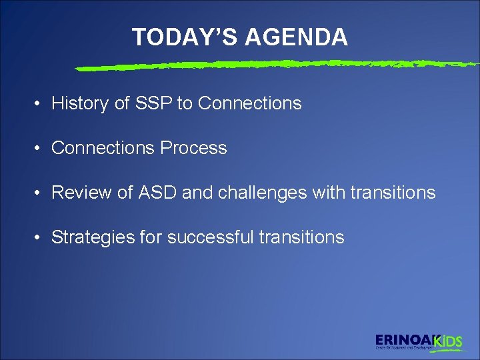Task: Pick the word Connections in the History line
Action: (x=249, y=103)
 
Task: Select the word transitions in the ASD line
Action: (x=394, y=193)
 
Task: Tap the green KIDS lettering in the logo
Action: (x=448, y=341)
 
